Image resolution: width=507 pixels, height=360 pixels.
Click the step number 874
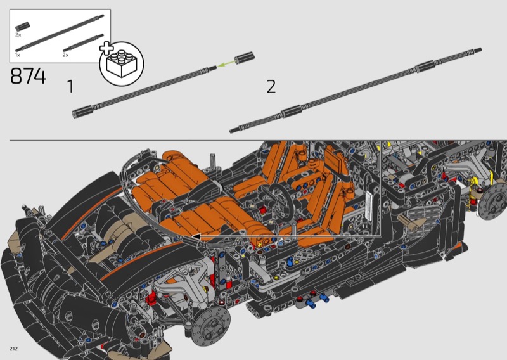click(x=28, y=76)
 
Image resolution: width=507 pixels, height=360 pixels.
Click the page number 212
click(x=13, y=349)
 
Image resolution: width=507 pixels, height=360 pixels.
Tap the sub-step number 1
click(x=70, y=86)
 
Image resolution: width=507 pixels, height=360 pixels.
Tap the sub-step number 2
click(x=271, y=87)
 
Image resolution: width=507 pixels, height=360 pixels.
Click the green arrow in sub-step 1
click(x=226, y=63)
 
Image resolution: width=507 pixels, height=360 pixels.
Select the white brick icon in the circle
click(x=122, y=63)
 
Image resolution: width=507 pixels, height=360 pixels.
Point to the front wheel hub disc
click(x=210, y=326)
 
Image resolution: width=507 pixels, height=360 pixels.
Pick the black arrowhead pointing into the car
click(x=196, y=236)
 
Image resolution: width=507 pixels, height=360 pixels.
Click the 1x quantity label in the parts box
click(x=18, y=55)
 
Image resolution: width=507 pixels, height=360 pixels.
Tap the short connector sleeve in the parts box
click(x=22, y=27)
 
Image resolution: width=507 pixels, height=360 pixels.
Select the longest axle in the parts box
click(x=60, y=33)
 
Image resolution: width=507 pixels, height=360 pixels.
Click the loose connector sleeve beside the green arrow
click(x=244, y=58)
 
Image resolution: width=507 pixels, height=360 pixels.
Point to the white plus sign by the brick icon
click(x=106, y=48)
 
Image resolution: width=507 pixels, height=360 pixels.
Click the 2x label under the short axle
click(x=66, y=55)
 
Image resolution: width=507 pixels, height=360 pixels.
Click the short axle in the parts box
click(x=84, y=42)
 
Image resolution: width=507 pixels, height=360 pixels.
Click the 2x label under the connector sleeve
click(x=18, y=35)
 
